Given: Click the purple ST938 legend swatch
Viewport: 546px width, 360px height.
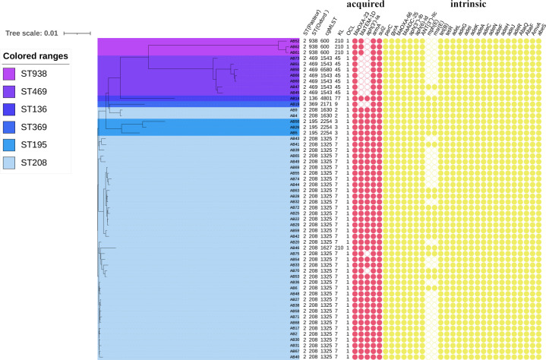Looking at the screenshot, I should click(x=11, y=73).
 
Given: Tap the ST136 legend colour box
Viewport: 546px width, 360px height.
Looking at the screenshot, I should click(x=11, y=109).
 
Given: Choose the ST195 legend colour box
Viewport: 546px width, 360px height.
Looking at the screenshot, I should click(x=11, y=144).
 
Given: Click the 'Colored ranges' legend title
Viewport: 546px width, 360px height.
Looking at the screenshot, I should click(x=35, y=55).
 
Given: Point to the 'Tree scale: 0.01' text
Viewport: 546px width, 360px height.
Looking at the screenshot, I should click(x=31, y=33).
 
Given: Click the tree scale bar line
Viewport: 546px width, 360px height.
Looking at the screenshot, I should click(x=77, y=33).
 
